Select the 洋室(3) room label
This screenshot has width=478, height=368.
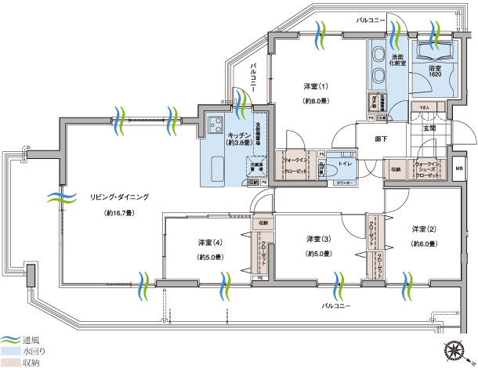pyautogui.click(x=316, y=239)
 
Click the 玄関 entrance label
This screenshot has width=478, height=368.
pyautogui.click(x=429, y=128)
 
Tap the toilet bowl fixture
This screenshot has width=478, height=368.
pyautogui.click(x=330, y=171)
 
